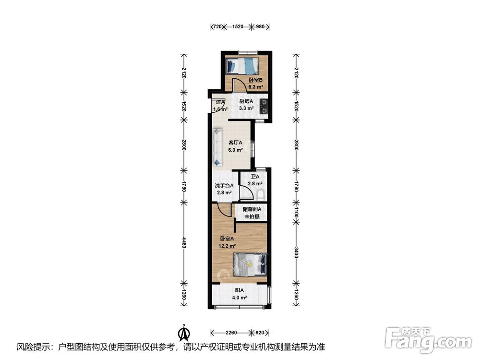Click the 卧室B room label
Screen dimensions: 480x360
tap(256, 80)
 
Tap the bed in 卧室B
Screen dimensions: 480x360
tap(242, 66)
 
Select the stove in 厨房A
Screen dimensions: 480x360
tap(263, 107)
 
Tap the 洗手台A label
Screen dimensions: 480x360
tap(224, 185)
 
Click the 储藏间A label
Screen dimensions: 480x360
tap(252, 209)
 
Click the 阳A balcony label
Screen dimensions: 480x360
tap(239, 290)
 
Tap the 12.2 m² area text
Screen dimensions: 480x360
tap(227, 246)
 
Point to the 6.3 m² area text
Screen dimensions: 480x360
tap(235, 150)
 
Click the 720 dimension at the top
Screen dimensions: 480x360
tap(217, 26)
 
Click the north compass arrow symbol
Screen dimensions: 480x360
tap(184, 333)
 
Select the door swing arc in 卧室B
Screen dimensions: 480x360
tap(237, 84)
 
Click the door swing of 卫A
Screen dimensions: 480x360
tap(246, 193)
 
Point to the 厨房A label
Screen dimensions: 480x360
tap(246, 101)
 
